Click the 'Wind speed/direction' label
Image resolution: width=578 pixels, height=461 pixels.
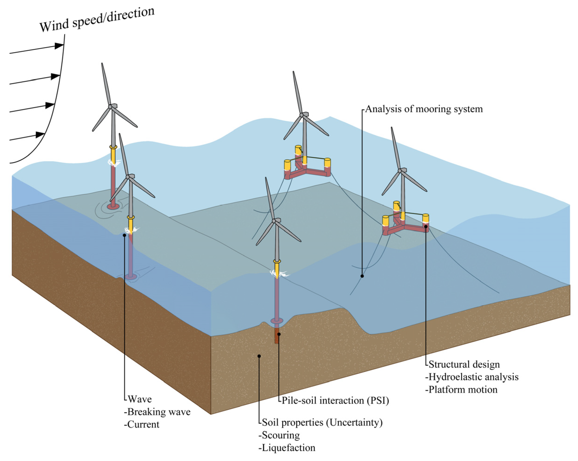click(97, 20)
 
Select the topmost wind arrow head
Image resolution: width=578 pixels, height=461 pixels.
click(59, 46)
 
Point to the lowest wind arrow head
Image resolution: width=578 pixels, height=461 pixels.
click(40, 135)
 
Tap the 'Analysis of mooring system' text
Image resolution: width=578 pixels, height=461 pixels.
click(424, 109)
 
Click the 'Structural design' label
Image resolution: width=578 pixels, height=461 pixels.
click(464, 364)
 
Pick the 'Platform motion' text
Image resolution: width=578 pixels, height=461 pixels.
click(463, 390)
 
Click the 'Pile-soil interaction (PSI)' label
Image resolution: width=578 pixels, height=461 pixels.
click(335, 400)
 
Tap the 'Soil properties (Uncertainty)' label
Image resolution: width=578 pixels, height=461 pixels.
click(322, 422)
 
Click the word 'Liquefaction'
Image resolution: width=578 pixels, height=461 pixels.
click(288, 448)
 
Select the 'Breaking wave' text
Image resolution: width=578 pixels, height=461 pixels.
click(159, 412)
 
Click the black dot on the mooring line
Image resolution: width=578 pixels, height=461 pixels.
click(362, 276)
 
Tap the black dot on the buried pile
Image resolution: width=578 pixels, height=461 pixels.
click(279, 334)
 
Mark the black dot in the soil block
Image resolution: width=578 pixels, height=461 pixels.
click(259, 356)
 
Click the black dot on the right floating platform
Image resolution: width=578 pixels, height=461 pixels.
click(425, 226)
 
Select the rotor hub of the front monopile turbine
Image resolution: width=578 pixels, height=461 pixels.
click(274, 221)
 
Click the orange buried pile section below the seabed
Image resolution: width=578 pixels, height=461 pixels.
click(276, 338)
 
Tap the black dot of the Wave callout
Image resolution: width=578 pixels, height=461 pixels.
click(124, 235)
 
